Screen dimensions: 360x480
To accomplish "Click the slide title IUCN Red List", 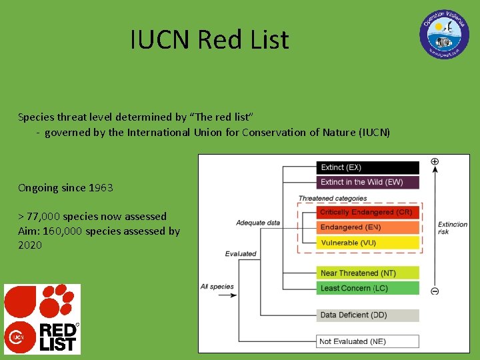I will [x=209, y=40].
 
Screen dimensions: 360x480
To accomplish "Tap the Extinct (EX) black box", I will [x=367, y=167].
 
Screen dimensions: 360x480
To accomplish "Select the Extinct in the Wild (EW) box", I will [x=367, y=182].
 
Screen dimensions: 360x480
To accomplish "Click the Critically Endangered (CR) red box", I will [x=367, y=213].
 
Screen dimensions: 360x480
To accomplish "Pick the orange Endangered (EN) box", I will [x=367, y=227].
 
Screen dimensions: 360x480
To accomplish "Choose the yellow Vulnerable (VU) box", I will [x=367, y=243].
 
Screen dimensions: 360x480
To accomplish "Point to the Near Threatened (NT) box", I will [x=367, y=273].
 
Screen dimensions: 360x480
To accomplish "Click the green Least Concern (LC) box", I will [x=367, y=288].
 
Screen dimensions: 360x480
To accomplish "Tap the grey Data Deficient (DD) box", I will [x=367, y=315].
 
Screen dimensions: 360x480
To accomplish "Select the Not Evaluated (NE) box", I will [x=367, y=341].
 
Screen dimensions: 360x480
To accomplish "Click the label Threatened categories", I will [x=333, y=198].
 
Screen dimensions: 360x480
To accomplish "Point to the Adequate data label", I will [x=258, y=223].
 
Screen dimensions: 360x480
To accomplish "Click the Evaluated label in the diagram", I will [x=241, y=253].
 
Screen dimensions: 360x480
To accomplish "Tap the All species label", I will [x=217, y=287].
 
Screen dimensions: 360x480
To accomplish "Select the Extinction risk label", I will [x=453, y=228].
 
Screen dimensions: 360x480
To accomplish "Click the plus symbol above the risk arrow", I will [x=435, y=161].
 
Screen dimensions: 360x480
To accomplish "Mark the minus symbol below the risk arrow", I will [x=435, y=291].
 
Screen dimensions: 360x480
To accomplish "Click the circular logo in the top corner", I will [x=444, y=34].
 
